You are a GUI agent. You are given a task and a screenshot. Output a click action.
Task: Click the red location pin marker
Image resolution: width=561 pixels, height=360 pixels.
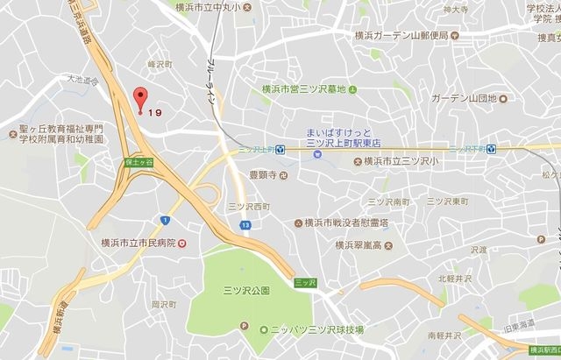tap(138, 100)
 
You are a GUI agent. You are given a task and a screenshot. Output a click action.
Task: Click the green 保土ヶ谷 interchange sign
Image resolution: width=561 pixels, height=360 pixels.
tap(139, 162)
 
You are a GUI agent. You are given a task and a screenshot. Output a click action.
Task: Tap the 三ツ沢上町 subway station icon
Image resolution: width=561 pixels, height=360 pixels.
tap(280, 149)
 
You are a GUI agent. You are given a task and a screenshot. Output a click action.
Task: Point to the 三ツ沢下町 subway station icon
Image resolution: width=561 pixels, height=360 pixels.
tap(492, 149)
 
